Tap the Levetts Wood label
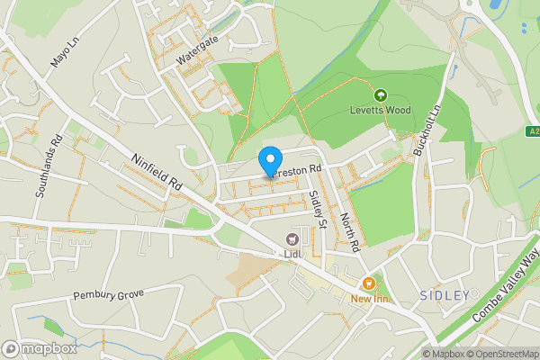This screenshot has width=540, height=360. point(380,112)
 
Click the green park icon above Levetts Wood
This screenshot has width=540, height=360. point(380,94)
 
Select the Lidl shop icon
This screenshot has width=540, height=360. point(292,238)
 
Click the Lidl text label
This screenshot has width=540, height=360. point(292,255)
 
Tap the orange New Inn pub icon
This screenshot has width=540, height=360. point(368,283)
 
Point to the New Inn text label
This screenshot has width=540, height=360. point(369,299)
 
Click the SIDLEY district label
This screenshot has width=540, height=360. point(445,295)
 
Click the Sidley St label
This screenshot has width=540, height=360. point(315,208)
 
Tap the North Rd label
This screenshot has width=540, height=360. point(349,231)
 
